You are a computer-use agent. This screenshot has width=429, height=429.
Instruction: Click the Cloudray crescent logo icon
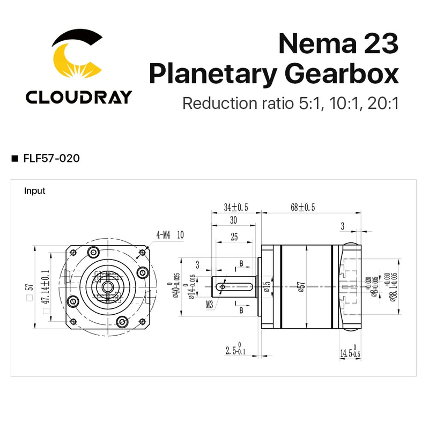[77, 56]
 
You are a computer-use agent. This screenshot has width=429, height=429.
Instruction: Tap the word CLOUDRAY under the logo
[78, 97]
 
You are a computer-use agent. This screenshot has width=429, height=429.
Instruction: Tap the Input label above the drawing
[35, 191]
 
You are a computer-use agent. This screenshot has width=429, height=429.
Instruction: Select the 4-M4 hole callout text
[163, 234]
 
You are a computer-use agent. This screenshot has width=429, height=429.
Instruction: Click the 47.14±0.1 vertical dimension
[46, 294]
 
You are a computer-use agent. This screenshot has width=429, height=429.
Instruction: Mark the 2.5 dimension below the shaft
[234, 352]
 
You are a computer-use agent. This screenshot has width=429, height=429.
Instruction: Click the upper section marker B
[241, 264]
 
